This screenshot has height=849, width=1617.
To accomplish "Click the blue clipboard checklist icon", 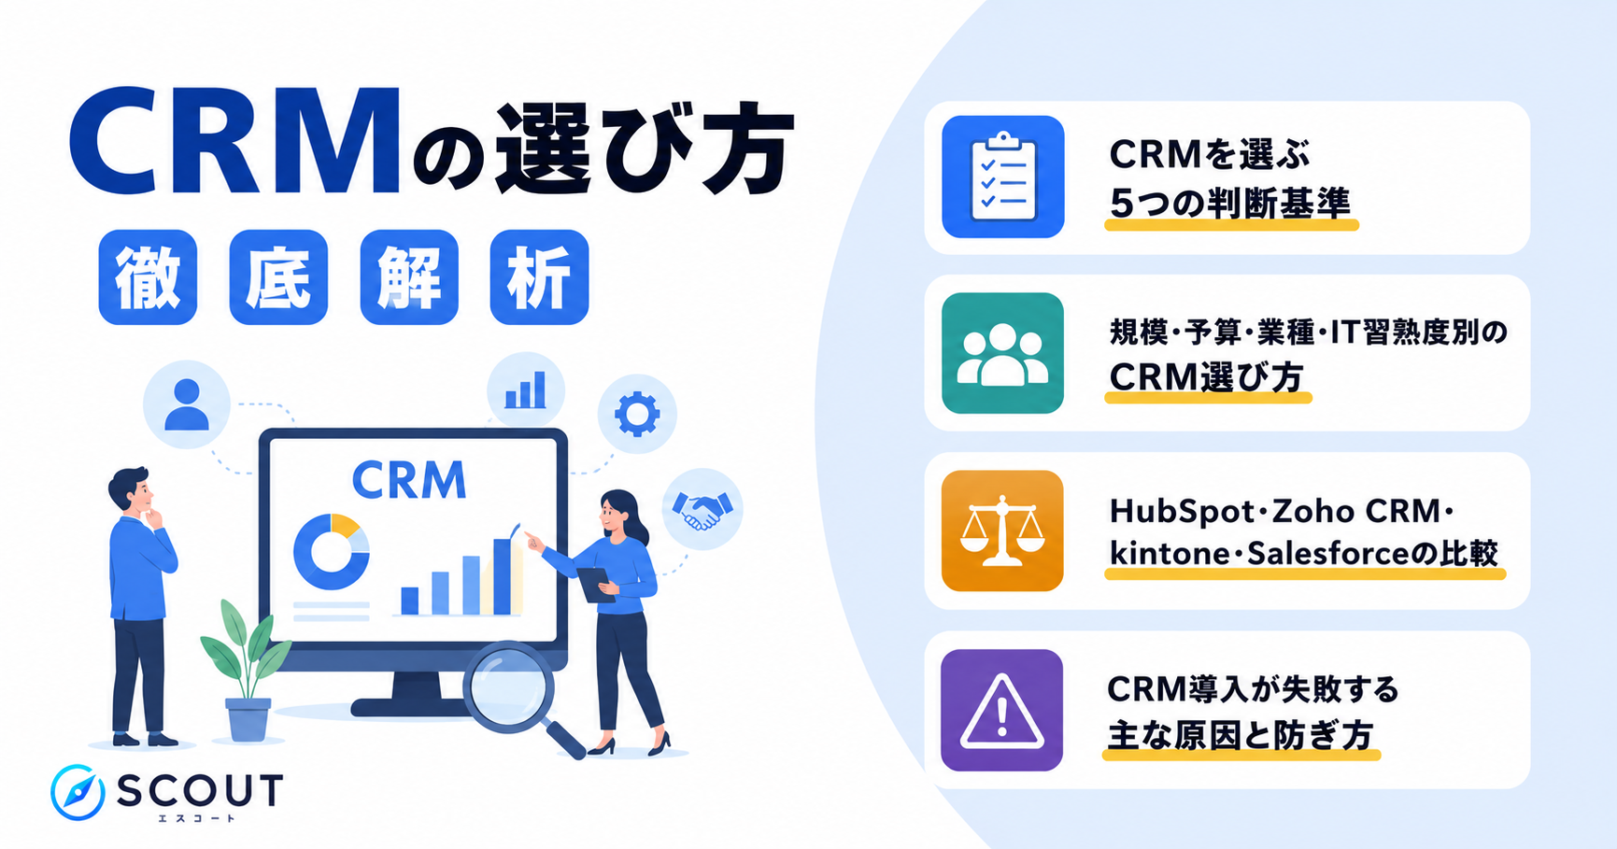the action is tap(1002, 177).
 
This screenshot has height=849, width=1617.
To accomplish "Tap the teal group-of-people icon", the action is tap(1002, 353).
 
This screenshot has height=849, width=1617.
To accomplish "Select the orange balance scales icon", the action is tap(1002, 531).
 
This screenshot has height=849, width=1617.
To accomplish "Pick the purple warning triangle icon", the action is tap(1002, 710).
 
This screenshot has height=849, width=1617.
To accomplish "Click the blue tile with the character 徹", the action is tap(148, 277).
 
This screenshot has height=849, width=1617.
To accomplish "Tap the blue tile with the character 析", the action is tap(539, 277).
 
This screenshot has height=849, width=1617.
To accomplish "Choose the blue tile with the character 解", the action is tap(409, 277).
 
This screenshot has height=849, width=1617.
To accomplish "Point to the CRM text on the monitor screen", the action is tap(409, 481).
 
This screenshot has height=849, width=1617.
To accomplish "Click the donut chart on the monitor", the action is tap(331, 551).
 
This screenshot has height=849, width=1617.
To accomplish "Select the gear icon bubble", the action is tap(637, 414).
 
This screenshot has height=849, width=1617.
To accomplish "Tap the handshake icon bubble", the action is tap(702, 509).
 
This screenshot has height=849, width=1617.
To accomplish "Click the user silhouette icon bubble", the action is tap(187, 404).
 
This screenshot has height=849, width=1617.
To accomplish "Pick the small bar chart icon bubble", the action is tap(526, 390).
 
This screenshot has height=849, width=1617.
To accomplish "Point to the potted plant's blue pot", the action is tap(248, 719).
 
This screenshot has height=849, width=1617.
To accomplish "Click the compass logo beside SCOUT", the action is tap(78, 792).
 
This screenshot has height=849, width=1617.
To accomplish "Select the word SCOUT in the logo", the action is tap(200, 791).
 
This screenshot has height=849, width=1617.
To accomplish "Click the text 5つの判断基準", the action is tap(1230, 203).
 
